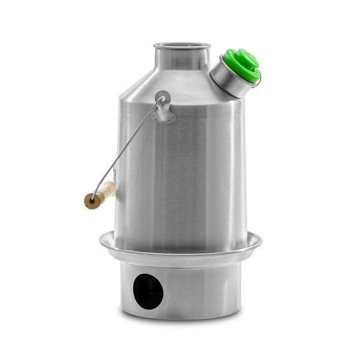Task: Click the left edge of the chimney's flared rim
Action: [x=155, y=47]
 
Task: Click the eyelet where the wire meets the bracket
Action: [x=163, y=96]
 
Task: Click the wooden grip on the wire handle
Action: [x=101, y=196]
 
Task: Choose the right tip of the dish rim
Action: [x=260, y=241]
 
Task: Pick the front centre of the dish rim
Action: [x=180, y=257]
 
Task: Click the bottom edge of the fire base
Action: [x=180, y=320]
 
